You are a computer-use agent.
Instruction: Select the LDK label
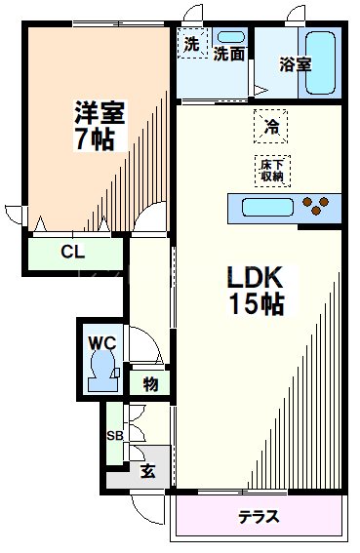pos(257,277)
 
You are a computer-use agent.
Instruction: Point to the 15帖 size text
pos(257,304)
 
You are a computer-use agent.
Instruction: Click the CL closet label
pos(72,252)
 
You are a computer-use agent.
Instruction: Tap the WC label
pos(102,342)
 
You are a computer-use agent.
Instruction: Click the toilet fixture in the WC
pos(102,372)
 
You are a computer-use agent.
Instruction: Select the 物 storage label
pos(150,382)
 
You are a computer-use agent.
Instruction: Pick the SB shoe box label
pos(114,434)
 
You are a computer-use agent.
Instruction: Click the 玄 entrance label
pos(147,472)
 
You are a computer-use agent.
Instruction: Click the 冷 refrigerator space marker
pos(271,126)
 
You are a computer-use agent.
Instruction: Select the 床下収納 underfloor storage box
pos(271,170)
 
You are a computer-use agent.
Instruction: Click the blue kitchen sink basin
pos(267,207)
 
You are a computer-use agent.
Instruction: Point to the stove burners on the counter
pos(319,206)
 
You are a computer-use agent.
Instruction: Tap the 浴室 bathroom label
pos(295,64)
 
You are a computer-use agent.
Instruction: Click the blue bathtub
pos(322,63)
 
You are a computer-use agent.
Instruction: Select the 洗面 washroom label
pos(229,56)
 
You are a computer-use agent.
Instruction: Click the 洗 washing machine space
pos(192,44)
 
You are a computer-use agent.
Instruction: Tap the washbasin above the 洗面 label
pos(232,37)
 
